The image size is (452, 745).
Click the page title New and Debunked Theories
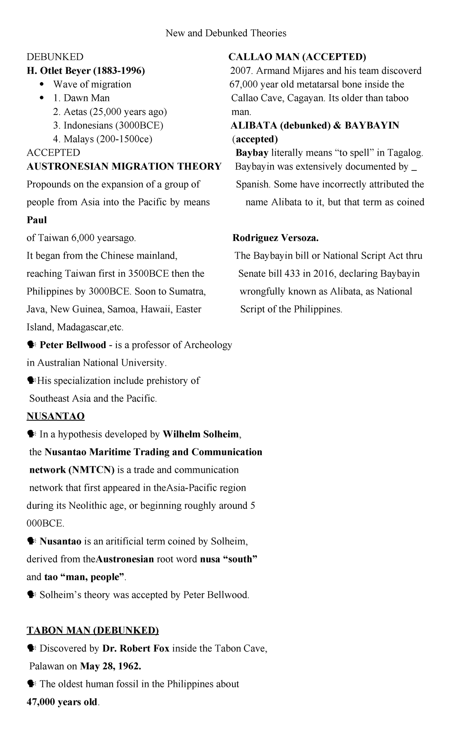(x=226, y=33)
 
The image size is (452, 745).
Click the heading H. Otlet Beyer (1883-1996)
(x=86, y=71)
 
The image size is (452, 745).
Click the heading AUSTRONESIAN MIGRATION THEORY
(x=124, y=166)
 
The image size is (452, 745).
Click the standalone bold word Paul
(x=37, y=220)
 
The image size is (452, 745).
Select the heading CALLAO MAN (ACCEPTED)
(x=297, y=57)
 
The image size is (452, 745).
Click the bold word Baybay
(x=252, y=153)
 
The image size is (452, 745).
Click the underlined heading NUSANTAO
(x=55, y=416)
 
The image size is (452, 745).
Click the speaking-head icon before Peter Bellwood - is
(x=31, y=345)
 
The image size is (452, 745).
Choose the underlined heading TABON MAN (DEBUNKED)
(x=93, y=631)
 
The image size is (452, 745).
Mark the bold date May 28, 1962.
(x=110, y=666)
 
